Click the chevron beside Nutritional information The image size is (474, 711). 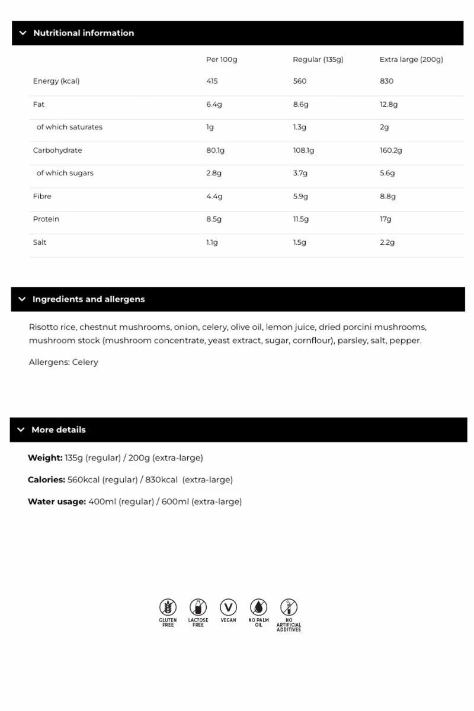(23, 33)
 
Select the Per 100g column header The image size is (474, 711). (222, 59)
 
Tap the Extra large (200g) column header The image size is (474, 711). (411, 59)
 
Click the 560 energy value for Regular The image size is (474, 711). (300, 81)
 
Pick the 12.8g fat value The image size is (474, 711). (389, 104)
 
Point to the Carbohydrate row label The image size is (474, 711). (57, 150)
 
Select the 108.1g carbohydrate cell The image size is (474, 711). (303, 150)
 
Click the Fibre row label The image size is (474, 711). (42, 196)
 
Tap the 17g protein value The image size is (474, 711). (386, 219)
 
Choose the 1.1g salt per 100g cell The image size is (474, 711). (212, 242)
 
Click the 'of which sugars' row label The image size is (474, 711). (65, 173)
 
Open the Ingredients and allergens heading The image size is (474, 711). (88, 299)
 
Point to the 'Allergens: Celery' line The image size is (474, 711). (63, 362)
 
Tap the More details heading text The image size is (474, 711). (58, 430)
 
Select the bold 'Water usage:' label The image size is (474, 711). (57, 502)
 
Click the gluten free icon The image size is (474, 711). (168, 607)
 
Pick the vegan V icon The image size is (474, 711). (228, 607)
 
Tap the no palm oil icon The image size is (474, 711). (258, 607)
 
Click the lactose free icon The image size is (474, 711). (198, 607)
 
